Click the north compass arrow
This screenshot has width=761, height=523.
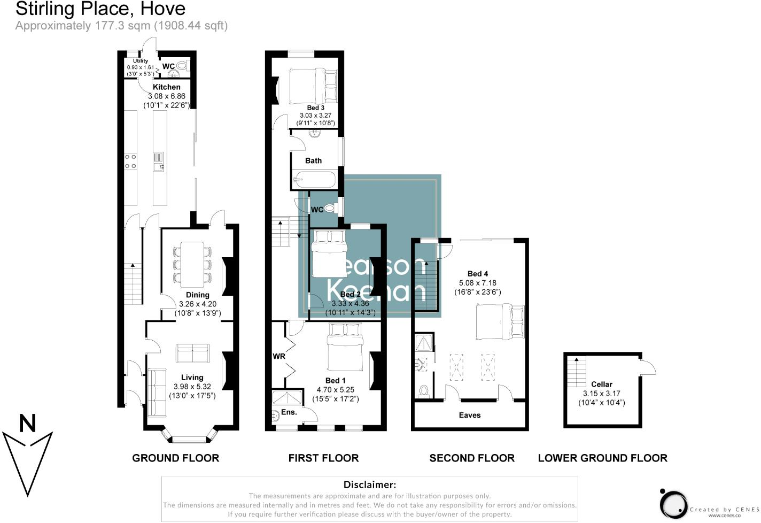[28, 455]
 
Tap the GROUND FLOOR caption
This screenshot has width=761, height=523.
[175, 458]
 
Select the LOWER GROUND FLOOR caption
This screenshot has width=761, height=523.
[602, 458]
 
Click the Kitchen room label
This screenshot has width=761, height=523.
[167, 87]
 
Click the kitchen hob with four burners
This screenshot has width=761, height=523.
[130, 161]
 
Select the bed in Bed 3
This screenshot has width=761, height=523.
[314, 86]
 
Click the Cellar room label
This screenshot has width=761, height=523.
[602, 384]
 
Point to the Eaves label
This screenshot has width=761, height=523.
[470, 415]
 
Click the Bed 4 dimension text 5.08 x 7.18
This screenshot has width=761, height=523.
[478, 283]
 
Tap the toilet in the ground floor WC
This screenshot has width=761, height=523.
[182, 66]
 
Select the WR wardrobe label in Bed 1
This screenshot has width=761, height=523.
[279, 356]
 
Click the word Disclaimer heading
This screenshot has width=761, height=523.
[370, 485]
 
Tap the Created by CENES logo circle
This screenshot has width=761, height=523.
[673, 504]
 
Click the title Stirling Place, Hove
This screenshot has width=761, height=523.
[100, 9]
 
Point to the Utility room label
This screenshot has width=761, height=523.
[141, 61]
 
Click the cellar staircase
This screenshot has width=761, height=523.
[577, 371]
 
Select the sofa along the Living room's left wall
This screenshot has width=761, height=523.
[157, 393]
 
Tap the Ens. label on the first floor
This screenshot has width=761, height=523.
[289, 412]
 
